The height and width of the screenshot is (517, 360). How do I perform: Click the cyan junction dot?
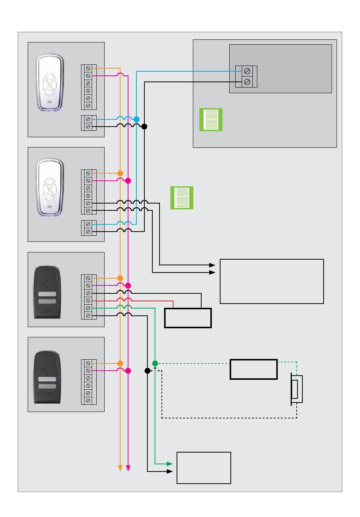(x=136, y=119)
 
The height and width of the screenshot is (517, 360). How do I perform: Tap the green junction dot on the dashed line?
(x=155, y=363)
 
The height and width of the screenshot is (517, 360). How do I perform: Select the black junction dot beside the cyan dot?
(x=144, y=127)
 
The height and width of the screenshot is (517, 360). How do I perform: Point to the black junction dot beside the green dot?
(x=147, y=371)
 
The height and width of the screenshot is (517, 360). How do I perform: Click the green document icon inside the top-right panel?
(x=211, y=120)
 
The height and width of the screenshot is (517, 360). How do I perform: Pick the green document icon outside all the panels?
(x=182, y=198)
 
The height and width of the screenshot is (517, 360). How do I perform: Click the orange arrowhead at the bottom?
(x=120, y=468)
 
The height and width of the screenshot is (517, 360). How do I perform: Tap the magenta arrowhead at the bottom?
(x=128, y=468)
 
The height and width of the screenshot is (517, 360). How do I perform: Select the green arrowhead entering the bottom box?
(x=170, y=464)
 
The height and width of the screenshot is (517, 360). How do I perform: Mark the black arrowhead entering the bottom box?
(x=170, y=472)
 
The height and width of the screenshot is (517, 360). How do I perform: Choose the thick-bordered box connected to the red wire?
(x=188, y=318)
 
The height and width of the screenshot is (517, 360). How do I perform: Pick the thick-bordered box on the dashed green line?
(x=254, y=369)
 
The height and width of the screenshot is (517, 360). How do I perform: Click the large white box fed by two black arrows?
(x=272, y=281)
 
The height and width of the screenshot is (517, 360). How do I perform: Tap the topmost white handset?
(x=50, y=83)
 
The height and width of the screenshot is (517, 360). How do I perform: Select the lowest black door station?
(x=47, y=378)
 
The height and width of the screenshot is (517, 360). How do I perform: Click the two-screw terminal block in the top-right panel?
(x=246, y=77)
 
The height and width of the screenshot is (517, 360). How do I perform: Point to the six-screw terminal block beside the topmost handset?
(x=89, y=87)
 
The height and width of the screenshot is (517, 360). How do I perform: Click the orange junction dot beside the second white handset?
(x=120, y=173)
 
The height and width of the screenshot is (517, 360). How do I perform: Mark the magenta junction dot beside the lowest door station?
(x=128, y=371)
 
